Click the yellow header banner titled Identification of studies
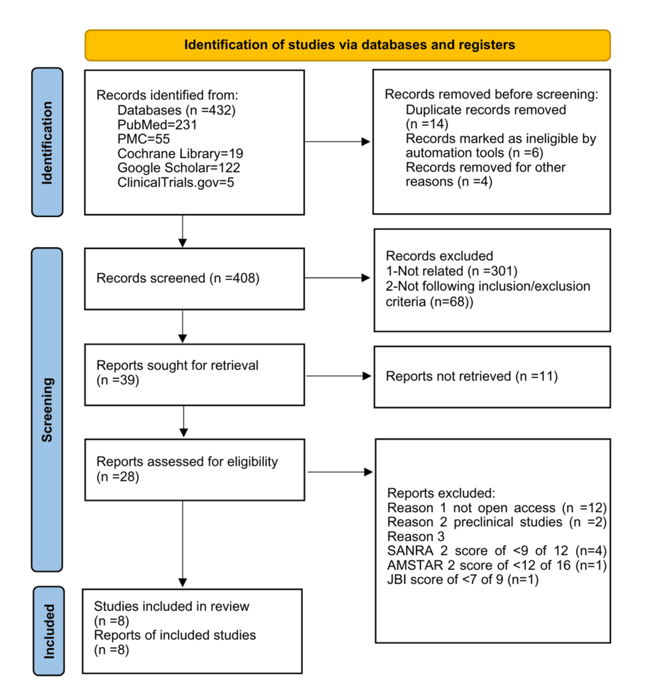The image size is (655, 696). (x=347, y=45)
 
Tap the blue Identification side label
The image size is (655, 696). (x=47, y=141)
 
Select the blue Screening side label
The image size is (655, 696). (x=47, y=409)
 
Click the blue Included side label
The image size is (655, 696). (x=47, y=630)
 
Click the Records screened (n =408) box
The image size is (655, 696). (x=194, y=278)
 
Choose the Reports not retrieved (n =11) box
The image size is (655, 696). (x=492, y=377)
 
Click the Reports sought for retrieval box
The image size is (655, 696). (x=194, y=374)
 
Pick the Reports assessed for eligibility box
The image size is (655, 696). (x=194, y=469)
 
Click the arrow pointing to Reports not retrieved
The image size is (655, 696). (x=338, y=376)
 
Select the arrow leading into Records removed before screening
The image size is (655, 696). (x=338, y=141)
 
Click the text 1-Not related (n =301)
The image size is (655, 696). (x=451, y=271)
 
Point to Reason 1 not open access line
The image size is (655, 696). (x=496, y=508)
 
